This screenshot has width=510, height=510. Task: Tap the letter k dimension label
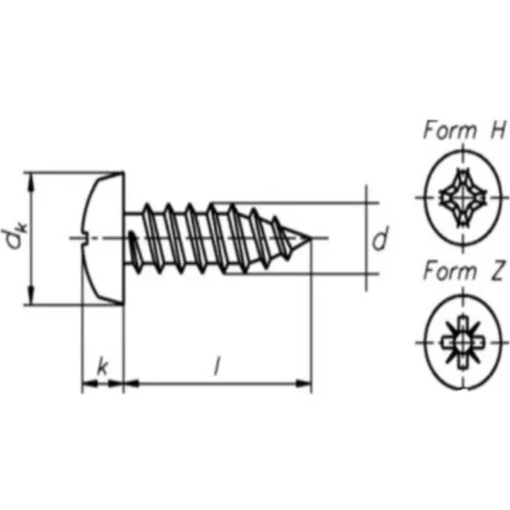pyautogui.click(x=103, y=367)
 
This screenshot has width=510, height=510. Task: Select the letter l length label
pyautogui.click(x=217, y=366)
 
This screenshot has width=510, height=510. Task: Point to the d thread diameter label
pyautogui.click(x=380, y=237)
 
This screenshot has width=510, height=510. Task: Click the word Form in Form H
pyautogui.click(x=450, y=129)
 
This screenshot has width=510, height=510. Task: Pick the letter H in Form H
pyautogui.click(x=497, y=129)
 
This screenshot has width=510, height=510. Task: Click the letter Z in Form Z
pyautogui.click(x=497, y=272)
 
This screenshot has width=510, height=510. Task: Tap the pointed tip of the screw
pyautogui.click(x=310, y=238)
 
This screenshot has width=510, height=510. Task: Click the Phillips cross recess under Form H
pyautogui.click(x=463, y=197)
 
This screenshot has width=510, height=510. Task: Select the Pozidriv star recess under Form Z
pyautogui.click(x=463, y=343)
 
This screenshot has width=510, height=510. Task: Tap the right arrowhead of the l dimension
pyautogui.click(x=303, y=383)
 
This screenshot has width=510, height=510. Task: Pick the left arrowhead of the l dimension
pyautogui.click(x=131, y=383)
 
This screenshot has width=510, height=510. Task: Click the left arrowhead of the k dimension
pyautogui.click(x=89, y=383)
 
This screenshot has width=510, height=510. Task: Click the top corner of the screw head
pyautogui.click(x=124, y=172)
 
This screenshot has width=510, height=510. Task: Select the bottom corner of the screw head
pyautogui.click(x=124, y=305)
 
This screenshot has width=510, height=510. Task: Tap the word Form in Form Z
pyautogui.click(x=450, y=272)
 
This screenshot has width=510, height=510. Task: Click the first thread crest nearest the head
pyautogui.click(x=147, y=205)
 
